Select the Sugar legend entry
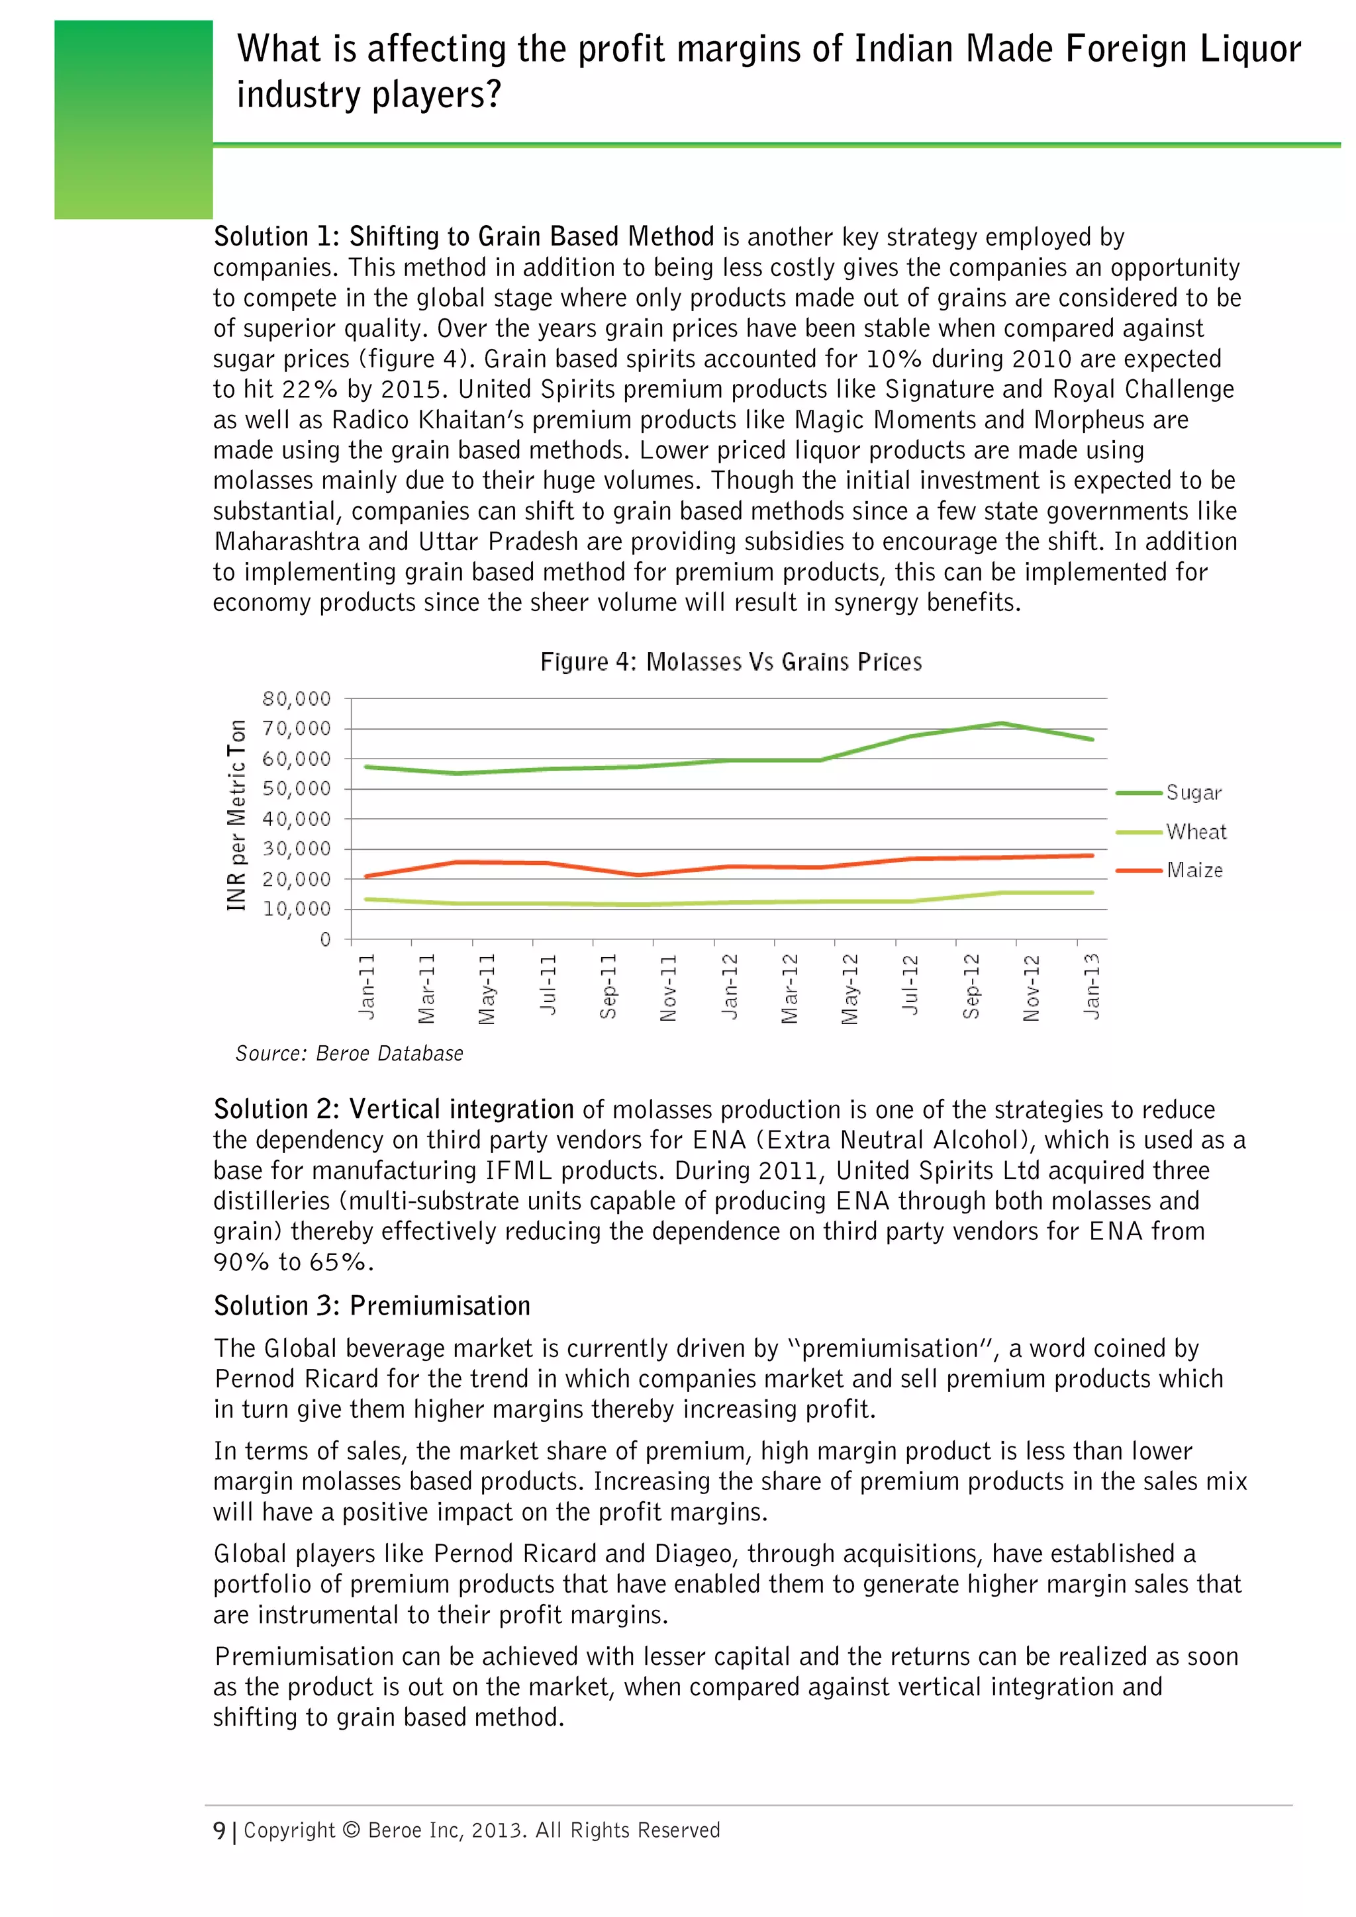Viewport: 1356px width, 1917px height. [x=1193, y=792]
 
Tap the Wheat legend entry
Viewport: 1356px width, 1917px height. [x=1196, y=831]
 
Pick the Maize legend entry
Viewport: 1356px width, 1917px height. [x=1194, y=870]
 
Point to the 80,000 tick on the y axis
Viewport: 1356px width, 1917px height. [x=297, y=698]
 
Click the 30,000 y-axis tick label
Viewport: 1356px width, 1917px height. [x=297, y=849]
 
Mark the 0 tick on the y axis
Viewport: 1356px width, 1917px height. [x=325, y=939]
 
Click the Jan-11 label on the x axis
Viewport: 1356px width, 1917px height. [x=367, y=986]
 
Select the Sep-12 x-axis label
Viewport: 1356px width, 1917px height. [x=971, y=986]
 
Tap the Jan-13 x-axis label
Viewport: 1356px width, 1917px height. [x=1091, y=986]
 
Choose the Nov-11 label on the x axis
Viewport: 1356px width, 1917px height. [x=669, y=988]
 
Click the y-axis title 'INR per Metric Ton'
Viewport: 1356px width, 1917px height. [x=237, y=815]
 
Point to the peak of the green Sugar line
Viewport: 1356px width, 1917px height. [x=1001, y=723]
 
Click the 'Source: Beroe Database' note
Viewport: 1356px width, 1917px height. [x=349, y=1054]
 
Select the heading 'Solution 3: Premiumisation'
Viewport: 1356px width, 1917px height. [x=371, y=1306]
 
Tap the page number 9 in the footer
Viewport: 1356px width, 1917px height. [x=218, y=1830]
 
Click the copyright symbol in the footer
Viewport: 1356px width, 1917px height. [x=352, y=1830]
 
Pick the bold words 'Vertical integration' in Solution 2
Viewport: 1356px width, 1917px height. [x=461, y=1109]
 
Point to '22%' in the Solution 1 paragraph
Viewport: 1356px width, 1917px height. [x=308, y=389]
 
